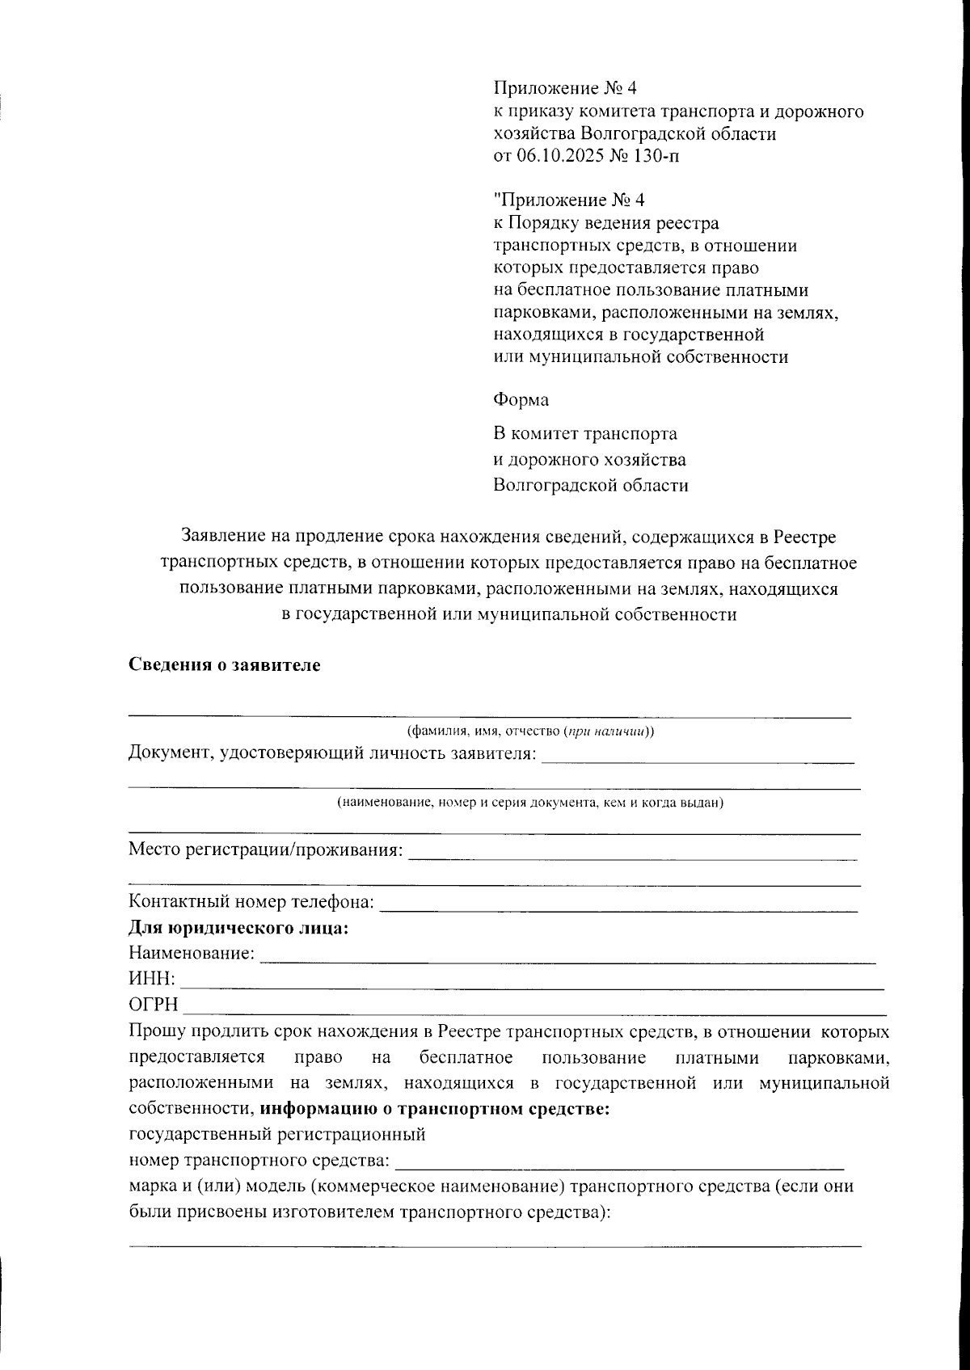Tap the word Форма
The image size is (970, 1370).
[521, 400]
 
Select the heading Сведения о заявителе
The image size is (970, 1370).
[225, 665]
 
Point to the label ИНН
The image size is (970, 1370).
[151, 979]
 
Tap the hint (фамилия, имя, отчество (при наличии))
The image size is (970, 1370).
[530, 731]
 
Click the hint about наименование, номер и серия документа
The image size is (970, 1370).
[530, 803]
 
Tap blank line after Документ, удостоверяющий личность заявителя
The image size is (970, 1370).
[697, 760]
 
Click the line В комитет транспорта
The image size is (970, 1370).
[585, 434]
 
